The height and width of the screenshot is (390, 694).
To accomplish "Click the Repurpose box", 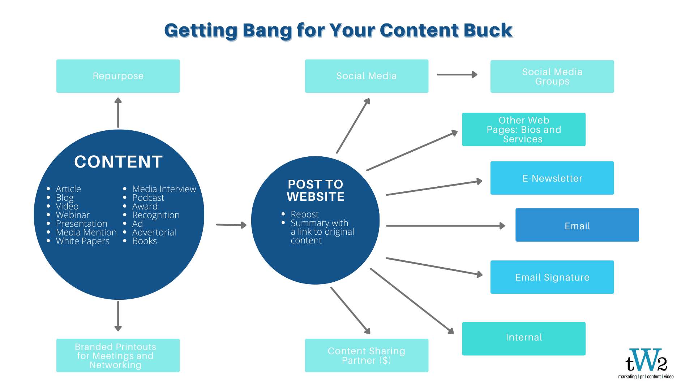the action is coord(118,76).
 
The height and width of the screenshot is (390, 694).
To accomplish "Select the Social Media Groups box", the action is coord(552,77).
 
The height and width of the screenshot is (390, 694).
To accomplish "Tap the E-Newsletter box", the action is coord(552,178).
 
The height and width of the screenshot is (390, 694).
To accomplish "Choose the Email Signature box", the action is coord(552,277).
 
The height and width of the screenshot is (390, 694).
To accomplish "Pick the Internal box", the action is coord(524,339).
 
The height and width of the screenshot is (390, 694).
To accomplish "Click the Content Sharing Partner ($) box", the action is coord(367,355).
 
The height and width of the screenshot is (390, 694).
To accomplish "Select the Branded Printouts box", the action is coord(118,355).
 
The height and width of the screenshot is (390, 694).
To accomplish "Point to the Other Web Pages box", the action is coord(524,129).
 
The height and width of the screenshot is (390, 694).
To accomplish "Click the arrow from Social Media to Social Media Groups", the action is coord(457,75).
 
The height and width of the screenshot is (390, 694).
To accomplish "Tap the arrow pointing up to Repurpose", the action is coord(118,112).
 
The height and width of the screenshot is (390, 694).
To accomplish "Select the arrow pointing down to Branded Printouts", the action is coord(118,316).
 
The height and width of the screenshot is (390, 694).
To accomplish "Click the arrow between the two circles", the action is coord(231,225).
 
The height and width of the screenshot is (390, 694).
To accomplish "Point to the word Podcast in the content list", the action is coord(148,198).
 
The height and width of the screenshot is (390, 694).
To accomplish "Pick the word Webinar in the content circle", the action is coord(73,215).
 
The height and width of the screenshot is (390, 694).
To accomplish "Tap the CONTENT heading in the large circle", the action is coord(119,162).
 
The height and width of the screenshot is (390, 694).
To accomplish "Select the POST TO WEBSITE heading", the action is coord(316,190).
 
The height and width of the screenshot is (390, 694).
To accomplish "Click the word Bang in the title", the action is coord(267,31).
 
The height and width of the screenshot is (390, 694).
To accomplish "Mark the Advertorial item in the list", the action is coord(154,233).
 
